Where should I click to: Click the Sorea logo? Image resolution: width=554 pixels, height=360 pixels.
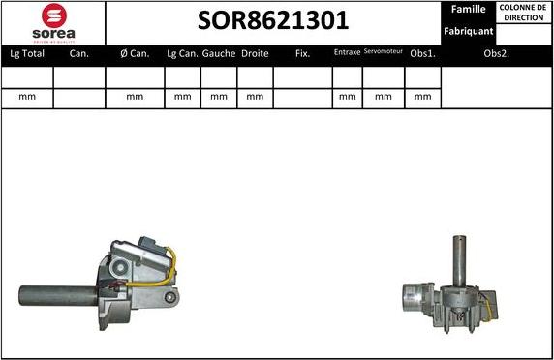click(52, 22)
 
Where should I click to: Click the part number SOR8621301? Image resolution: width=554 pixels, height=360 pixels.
click(274, 21)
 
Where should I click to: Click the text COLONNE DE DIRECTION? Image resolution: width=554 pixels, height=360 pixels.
click(523, 13)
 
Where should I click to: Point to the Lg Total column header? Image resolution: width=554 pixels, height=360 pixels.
click(26, 54)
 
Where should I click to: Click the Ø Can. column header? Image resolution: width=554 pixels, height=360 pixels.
click(135, 54)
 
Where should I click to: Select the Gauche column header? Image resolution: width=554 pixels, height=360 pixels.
click(219, 54)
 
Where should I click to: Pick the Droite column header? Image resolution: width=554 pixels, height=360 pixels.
click(255, 54)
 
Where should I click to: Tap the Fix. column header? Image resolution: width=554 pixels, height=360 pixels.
click(302, 54)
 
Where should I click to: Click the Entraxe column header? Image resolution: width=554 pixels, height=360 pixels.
click(347, 53)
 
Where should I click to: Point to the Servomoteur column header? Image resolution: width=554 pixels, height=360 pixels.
click(384, 52)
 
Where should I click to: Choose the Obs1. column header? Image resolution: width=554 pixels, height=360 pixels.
click(422, 54)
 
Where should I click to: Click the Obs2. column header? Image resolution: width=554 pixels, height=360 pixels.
click(496, 54)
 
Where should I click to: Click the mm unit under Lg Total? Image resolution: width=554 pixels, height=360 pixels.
click(26, 97)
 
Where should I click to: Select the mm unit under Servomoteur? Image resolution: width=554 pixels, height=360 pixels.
click(384, 97)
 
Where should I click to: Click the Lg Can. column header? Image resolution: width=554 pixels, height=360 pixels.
click(183, 54)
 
